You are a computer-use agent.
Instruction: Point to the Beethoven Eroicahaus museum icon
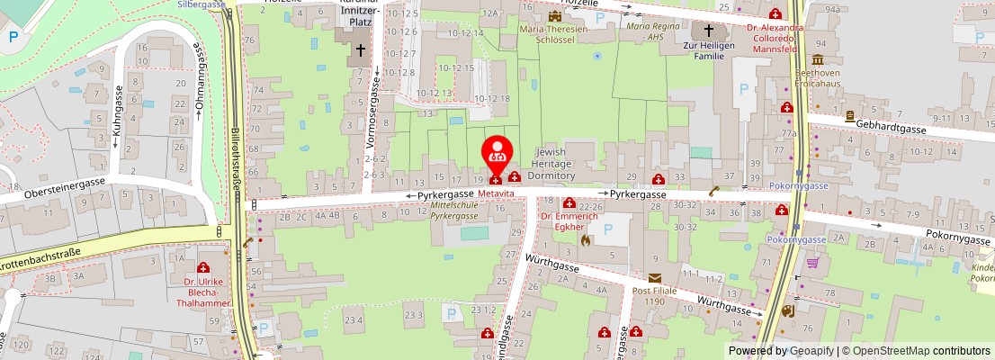pos(850,116)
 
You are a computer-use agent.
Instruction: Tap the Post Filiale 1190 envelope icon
pos(654,278)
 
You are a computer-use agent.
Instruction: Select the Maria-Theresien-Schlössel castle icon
pos(554,15)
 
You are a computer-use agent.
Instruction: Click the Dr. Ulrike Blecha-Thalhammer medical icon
pos(203,268)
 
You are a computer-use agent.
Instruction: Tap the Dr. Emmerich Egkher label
pos(569,221)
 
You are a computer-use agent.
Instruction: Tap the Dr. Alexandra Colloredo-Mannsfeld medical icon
pos(775,13)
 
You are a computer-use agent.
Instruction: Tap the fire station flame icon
pos(586,240)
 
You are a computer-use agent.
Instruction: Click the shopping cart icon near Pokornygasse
pos(813,263)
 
